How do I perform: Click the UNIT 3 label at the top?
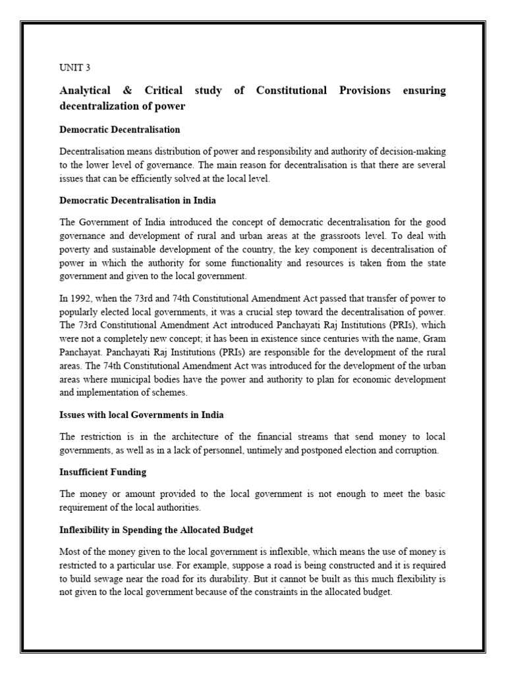tap(73, 68)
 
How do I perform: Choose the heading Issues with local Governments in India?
tap(141, 415)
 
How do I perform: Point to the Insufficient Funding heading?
tap(103, 472)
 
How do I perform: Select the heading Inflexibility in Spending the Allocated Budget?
tap(156, 529)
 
